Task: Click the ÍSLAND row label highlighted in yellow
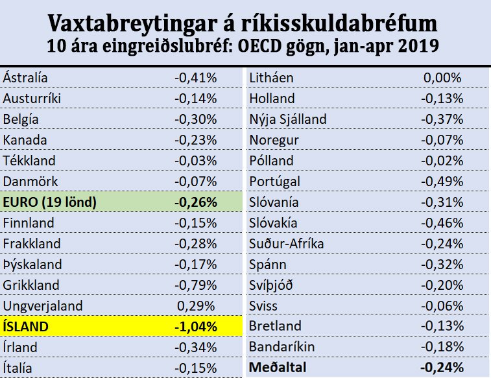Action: click(28, 327)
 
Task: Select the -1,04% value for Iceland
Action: click(195, 327)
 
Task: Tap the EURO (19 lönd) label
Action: click(50, 202)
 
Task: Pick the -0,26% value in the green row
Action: click(195, 202)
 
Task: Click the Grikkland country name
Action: click(31, 285)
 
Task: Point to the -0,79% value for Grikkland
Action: click(195, 285)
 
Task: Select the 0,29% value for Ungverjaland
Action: click(197, 306)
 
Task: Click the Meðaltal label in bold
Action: click(277, 368)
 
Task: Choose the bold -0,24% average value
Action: click(442, 368)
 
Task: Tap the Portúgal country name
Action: click(274, 182)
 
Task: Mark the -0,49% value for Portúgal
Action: click(442, 182)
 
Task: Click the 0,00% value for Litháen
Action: click(443, 78)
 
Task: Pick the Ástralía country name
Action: click(26, 78)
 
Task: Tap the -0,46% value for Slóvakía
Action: click(442, 223)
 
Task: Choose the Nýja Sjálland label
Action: click(288, 119)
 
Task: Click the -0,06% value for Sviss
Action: click(442, 306)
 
